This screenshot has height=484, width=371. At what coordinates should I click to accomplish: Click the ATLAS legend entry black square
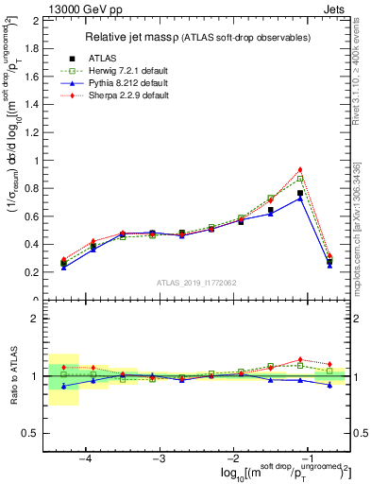[67, 59]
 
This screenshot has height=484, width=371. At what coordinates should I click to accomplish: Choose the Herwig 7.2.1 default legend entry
[67, 71]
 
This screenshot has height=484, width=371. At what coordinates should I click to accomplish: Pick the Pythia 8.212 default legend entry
[67, 83]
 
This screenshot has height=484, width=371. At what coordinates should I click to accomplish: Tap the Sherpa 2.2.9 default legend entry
[67, 95]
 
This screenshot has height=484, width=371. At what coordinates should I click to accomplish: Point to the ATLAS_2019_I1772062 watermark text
[196, 283]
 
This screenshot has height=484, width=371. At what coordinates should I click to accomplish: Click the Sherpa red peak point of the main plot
[300, 169]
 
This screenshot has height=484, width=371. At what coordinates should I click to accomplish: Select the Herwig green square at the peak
[300, 179]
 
